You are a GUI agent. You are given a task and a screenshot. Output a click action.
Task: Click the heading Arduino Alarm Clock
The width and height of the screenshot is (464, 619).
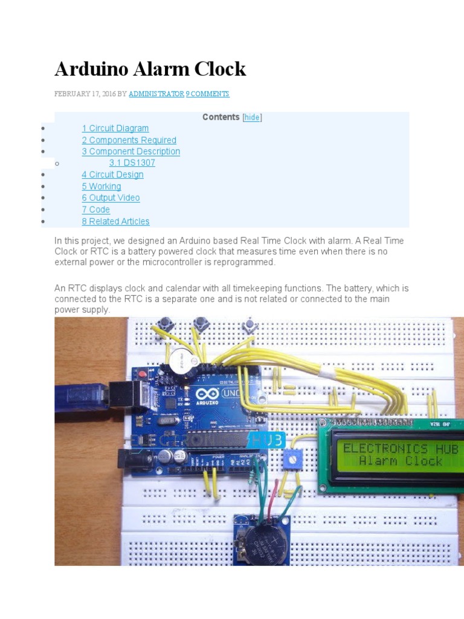[150, 69]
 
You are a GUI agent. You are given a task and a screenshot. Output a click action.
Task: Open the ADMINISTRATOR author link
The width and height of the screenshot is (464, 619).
[156, 94]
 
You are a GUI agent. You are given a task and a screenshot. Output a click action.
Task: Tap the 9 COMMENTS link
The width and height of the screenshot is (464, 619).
[207, 94]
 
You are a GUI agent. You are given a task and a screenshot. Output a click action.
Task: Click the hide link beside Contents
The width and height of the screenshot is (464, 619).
[252, 117]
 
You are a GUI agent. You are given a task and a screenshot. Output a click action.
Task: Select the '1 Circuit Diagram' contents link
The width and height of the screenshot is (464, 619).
[115, 128]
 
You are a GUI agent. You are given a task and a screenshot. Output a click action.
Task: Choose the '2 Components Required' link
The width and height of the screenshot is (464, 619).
[129, 140]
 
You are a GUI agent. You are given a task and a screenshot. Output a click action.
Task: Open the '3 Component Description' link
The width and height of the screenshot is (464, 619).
[131, 152]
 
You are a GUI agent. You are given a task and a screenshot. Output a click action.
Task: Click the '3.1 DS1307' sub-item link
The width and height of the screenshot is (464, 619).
[132, 163]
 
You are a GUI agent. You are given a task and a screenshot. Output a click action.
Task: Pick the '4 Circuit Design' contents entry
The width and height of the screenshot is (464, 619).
[113, 175]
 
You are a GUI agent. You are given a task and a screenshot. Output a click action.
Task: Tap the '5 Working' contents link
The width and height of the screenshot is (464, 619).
[101, 186]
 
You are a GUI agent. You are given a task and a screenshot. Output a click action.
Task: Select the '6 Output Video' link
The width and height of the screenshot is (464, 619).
[111, 198]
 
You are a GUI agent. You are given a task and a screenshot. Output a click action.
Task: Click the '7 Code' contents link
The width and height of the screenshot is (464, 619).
[96, 210]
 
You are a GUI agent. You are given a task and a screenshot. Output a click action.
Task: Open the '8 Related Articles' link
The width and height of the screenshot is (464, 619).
[115, 221]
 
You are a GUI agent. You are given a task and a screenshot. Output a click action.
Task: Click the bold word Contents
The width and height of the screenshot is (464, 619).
[221, 117]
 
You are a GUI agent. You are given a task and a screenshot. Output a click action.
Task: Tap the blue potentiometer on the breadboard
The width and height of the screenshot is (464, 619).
[292, 461]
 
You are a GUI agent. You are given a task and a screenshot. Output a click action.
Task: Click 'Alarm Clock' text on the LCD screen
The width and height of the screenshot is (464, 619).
[401, 461]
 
